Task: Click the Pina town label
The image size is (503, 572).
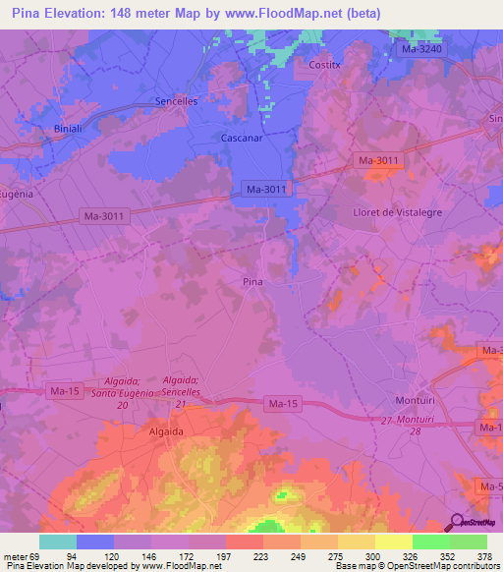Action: tap(252, 282)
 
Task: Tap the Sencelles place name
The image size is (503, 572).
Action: tap(179, 102)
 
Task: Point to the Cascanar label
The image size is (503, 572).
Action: tap(242, 139)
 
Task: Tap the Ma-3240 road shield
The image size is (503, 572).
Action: tap(424, 47)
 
